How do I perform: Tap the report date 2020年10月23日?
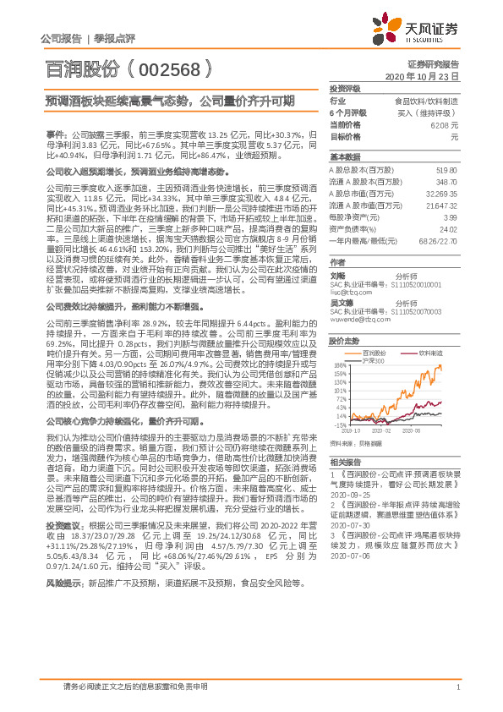click(426, 76)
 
